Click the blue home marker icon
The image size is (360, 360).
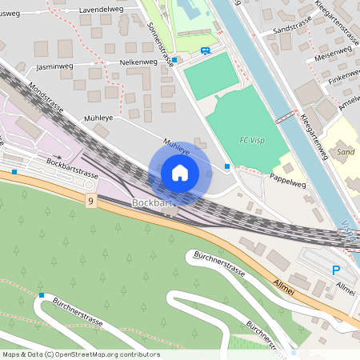tap(180, 173)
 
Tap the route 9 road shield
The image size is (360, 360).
tap(91, 202)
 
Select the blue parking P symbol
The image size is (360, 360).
tap(336, 270)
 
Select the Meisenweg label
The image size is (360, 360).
tap(333, 57)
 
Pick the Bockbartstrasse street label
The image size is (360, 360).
tap(72, 170)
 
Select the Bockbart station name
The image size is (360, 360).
tap(152, 203)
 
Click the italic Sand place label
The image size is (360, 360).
tap(346, 151)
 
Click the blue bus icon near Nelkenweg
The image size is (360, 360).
tap(206, 52)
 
